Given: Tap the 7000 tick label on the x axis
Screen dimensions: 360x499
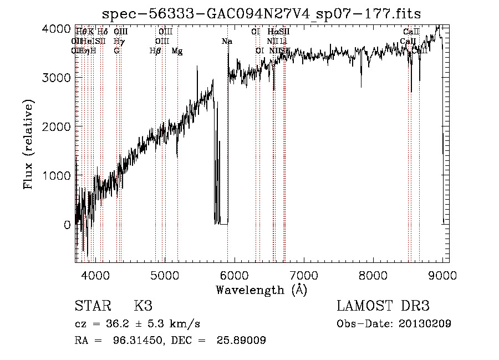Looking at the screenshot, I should pyautogui.click(x=304, y=275).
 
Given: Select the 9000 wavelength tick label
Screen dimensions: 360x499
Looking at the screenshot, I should pyautogui.click(x=443, y=275).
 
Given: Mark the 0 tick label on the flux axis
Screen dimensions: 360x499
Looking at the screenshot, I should pyautogui.click(x=67, y=225).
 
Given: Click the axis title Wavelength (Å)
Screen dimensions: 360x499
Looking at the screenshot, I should pyautogui.click(x=261, y=290).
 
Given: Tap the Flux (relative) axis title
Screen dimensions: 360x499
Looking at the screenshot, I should pyautogui.click(x=28, y=144).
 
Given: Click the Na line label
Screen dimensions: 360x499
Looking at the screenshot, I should pyautogui.click(x=227, y=42).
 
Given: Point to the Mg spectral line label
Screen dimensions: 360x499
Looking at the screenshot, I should pyautogui.click(x=177, y=51).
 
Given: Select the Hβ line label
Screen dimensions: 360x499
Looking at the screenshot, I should pyautogui.click(x=155, y=51).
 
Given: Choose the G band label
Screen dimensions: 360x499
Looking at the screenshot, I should pyautogui.click(x=116, y=51).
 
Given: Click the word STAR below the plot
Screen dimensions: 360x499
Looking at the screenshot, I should pyautogui.click(x=92, y=306).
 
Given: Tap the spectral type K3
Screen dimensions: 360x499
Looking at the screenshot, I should pyautogui.click(x=143, y=306).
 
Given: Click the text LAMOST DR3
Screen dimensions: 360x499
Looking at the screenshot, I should pyautogui.click(x=383, y=306).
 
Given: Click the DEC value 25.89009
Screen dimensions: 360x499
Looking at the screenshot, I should pyautogui.click(x=241, y=340).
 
